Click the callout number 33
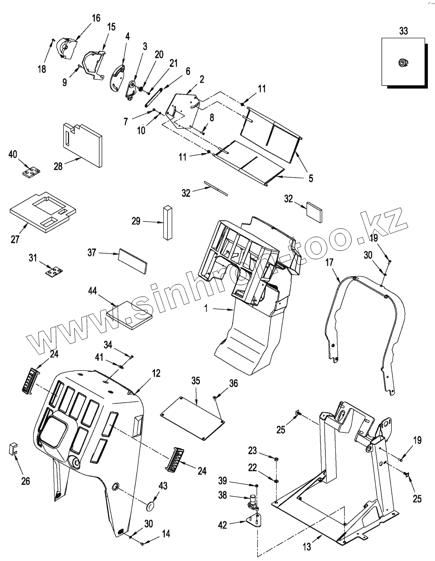(x=404, y=31)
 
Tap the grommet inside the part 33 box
(x=403, y=62)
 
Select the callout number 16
(x=96, y=18)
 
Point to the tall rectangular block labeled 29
(x=168, y=223)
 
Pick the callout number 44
(x=92, y=291)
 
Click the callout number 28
(x=58, y=166)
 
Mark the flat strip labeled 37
(x=133, y=261)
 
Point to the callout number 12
(x=156, y=373)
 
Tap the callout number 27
(x=15, y=240)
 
